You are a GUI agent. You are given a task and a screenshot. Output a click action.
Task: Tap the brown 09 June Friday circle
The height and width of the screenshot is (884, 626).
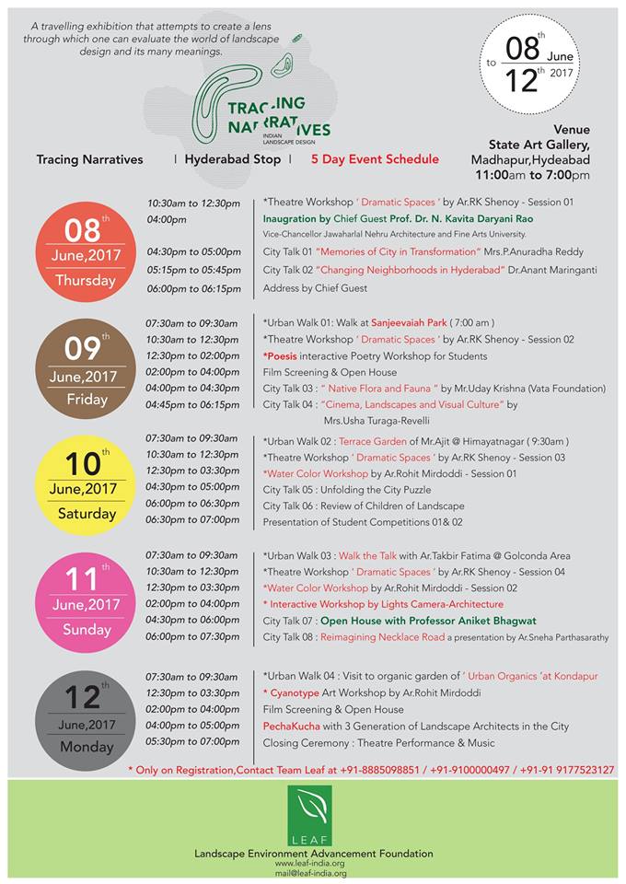86,369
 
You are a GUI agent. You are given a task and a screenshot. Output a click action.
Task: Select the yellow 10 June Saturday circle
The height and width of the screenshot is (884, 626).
86,484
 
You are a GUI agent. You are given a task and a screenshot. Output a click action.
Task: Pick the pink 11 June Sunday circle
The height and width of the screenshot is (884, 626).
86,599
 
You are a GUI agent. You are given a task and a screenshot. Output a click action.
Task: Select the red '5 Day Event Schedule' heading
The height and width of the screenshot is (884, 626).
375,159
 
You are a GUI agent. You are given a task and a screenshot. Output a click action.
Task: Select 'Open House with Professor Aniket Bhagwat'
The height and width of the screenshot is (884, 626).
428,621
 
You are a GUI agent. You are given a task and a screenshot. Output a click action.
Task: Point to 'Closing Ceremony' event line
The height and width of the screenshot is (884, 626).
378,742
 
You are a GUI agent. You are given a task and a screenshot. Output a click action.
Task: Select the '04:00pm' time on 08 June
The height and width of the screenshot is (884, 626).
167,219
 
